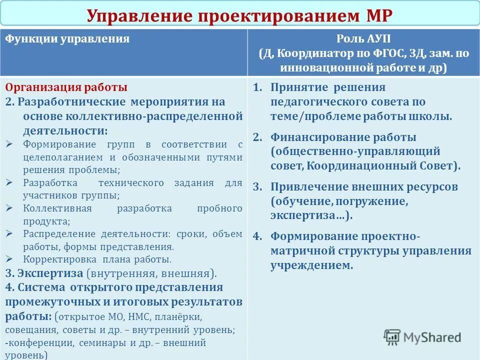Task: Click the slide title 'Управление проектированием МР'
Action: click(x=239, y=15)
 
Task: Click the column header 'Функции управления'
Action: click(x=67, y=39)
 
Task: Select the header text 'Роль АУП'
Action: click(x=363, y=39)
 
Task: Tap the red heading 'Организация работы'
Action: click(x=66, y=87)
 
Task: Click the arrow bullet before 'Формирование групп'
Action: click(x=10, y=144)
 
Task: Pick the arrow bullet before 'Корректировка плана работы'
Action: click(x=10, y=259)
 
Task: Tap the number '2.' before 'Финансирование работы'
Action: click(x=257, y=137)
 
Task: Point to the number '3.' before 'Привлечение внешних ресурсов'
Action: click(x=257, y=187)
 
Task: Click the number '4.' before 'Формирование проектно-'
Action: click(x=257, y=236)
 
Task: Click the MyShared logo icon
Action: click(x=392, y=336)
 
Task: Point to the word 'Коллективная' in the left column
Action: click(x=57, y=208)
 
